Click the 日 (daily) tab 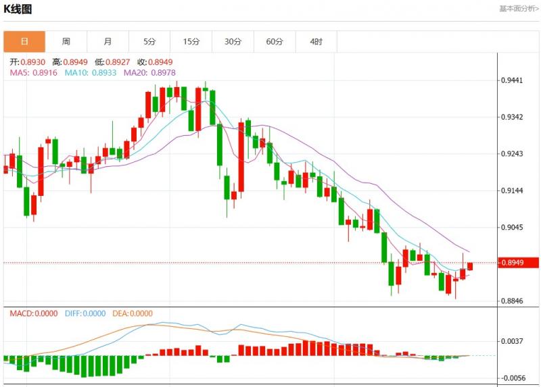[24, 41]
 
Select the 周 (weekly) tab [66, 41]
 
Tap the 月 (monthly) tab [108, 41]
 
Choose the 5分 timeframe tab [149, 41]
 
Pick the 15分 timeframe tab [191, 41]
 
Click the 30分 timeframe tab [233, 41]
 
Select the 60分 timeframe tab [275, 41]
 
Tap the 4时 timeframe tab [316, 41]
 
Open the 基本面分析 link [519, 9]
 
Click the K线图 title [18, 9]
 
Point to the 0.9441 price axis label [512, 80]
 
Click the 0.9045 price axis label [512, 227]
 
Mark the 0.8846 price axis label [512, 301]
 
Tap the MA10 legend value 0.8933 [102, 73]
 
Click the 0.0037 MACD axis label [512, 341]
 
